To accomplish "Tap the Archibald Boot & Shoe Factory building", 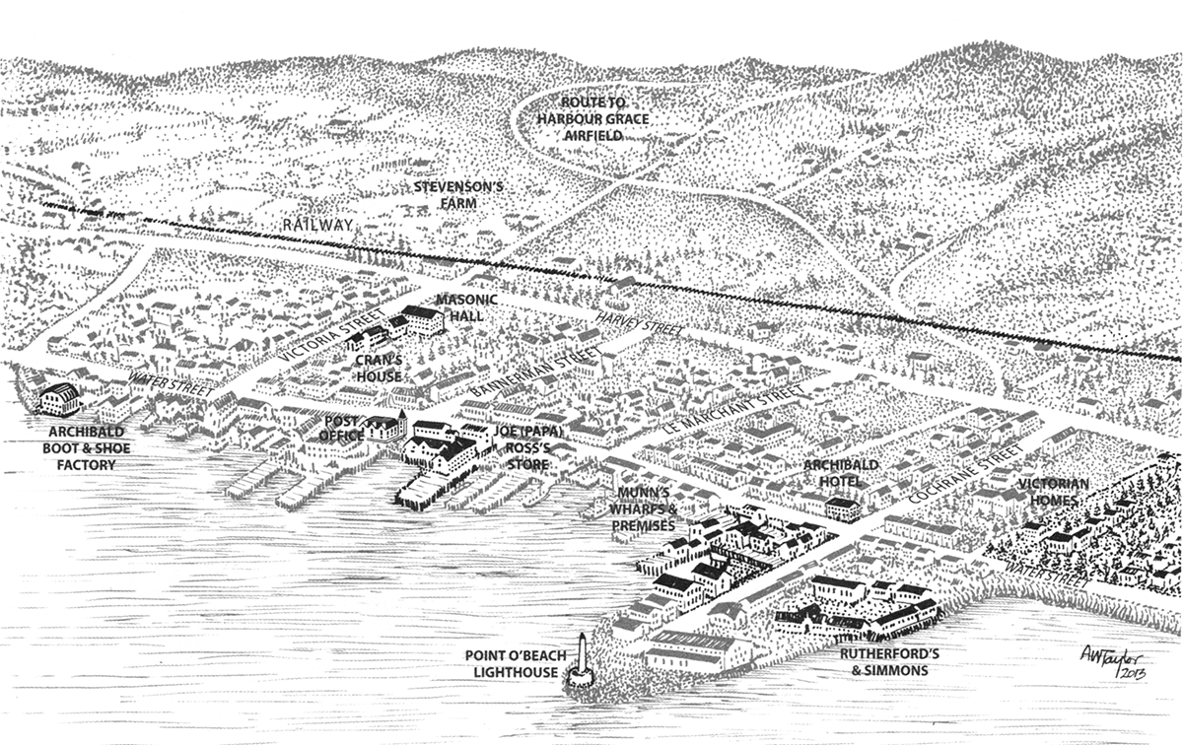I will [x=59, y=398].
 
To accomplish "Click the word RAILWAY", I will [x=316, y=226].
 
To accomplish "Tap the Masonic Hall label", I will [x=467, y=306].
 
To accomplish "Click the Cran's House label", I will [x=379, y=369].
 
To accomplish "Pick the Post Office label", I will [x=345, y=427].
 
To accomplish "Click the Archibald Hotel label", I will [x=833, y=472].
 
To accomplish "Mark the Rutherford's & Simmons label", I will [x=882, y=661].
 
